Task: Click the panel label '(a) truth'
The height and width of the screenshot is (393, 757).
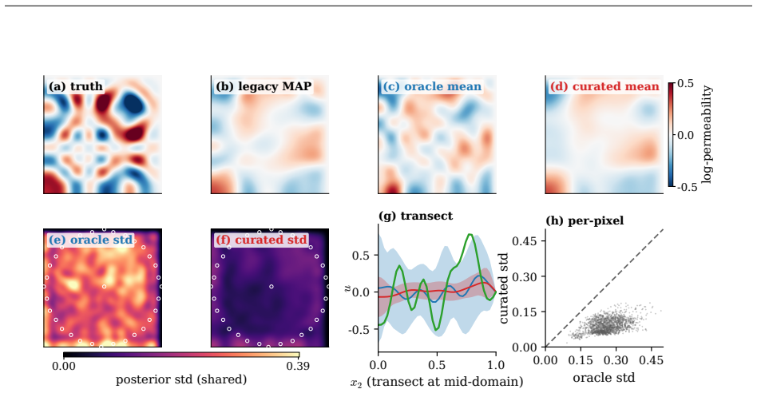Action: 76,86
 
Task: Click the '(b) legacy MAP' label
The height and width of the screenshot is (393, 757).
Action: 264,86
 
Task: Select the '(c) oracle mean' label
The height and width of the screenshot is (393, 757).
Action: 432,86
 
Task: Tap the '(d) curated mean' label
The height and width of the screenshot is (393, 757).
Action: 604,86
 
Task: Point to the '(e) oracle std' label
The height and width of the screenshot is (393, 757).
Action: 90,240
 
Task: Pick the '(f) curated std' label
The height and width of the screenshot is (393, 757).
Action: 262,240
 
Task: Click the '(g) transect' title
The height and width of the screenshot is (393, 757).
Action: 416,216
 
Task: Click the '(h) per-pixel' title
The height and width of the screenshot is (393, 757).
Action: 585,220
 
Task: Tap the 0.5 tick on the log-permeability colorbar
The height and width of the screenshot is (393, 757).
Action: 685,84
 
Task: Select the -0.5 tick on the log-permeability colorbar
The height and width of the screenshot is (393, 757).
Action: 687,187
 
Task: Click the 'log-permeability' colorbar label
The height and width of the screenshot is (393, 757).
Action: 707,135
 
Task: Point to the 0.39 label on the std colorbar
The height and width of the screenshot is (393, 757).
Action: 298,366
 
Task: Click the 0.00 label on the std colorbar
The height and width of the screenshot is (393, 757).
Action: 64,366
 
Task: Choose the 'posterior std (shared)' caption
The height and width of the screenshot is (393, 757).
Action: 181,379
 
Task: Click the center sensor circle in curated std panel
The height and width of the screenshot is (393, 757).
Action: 271,287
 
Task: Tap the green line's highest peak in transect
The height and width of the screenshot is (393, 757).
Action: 470,235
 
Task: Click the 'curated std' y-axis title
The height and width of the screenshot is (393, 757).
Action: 504,288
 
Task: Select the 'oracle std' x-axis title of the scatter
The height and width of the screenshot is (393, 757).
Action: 604,378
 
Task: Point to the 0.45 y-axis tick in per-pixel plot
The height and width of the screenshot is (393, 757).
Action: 527,241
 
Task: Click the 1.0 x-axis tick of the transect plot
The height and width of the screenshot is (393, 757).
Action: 496,365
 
